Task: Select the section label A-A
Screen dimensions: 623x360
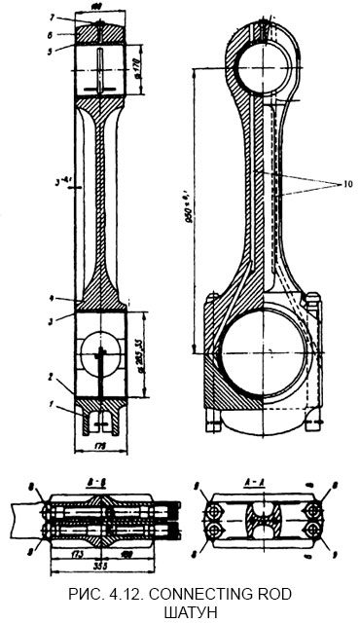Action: click(259, 481)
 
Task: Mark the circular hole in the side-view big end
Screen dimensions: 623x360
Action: click(101, 351)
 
